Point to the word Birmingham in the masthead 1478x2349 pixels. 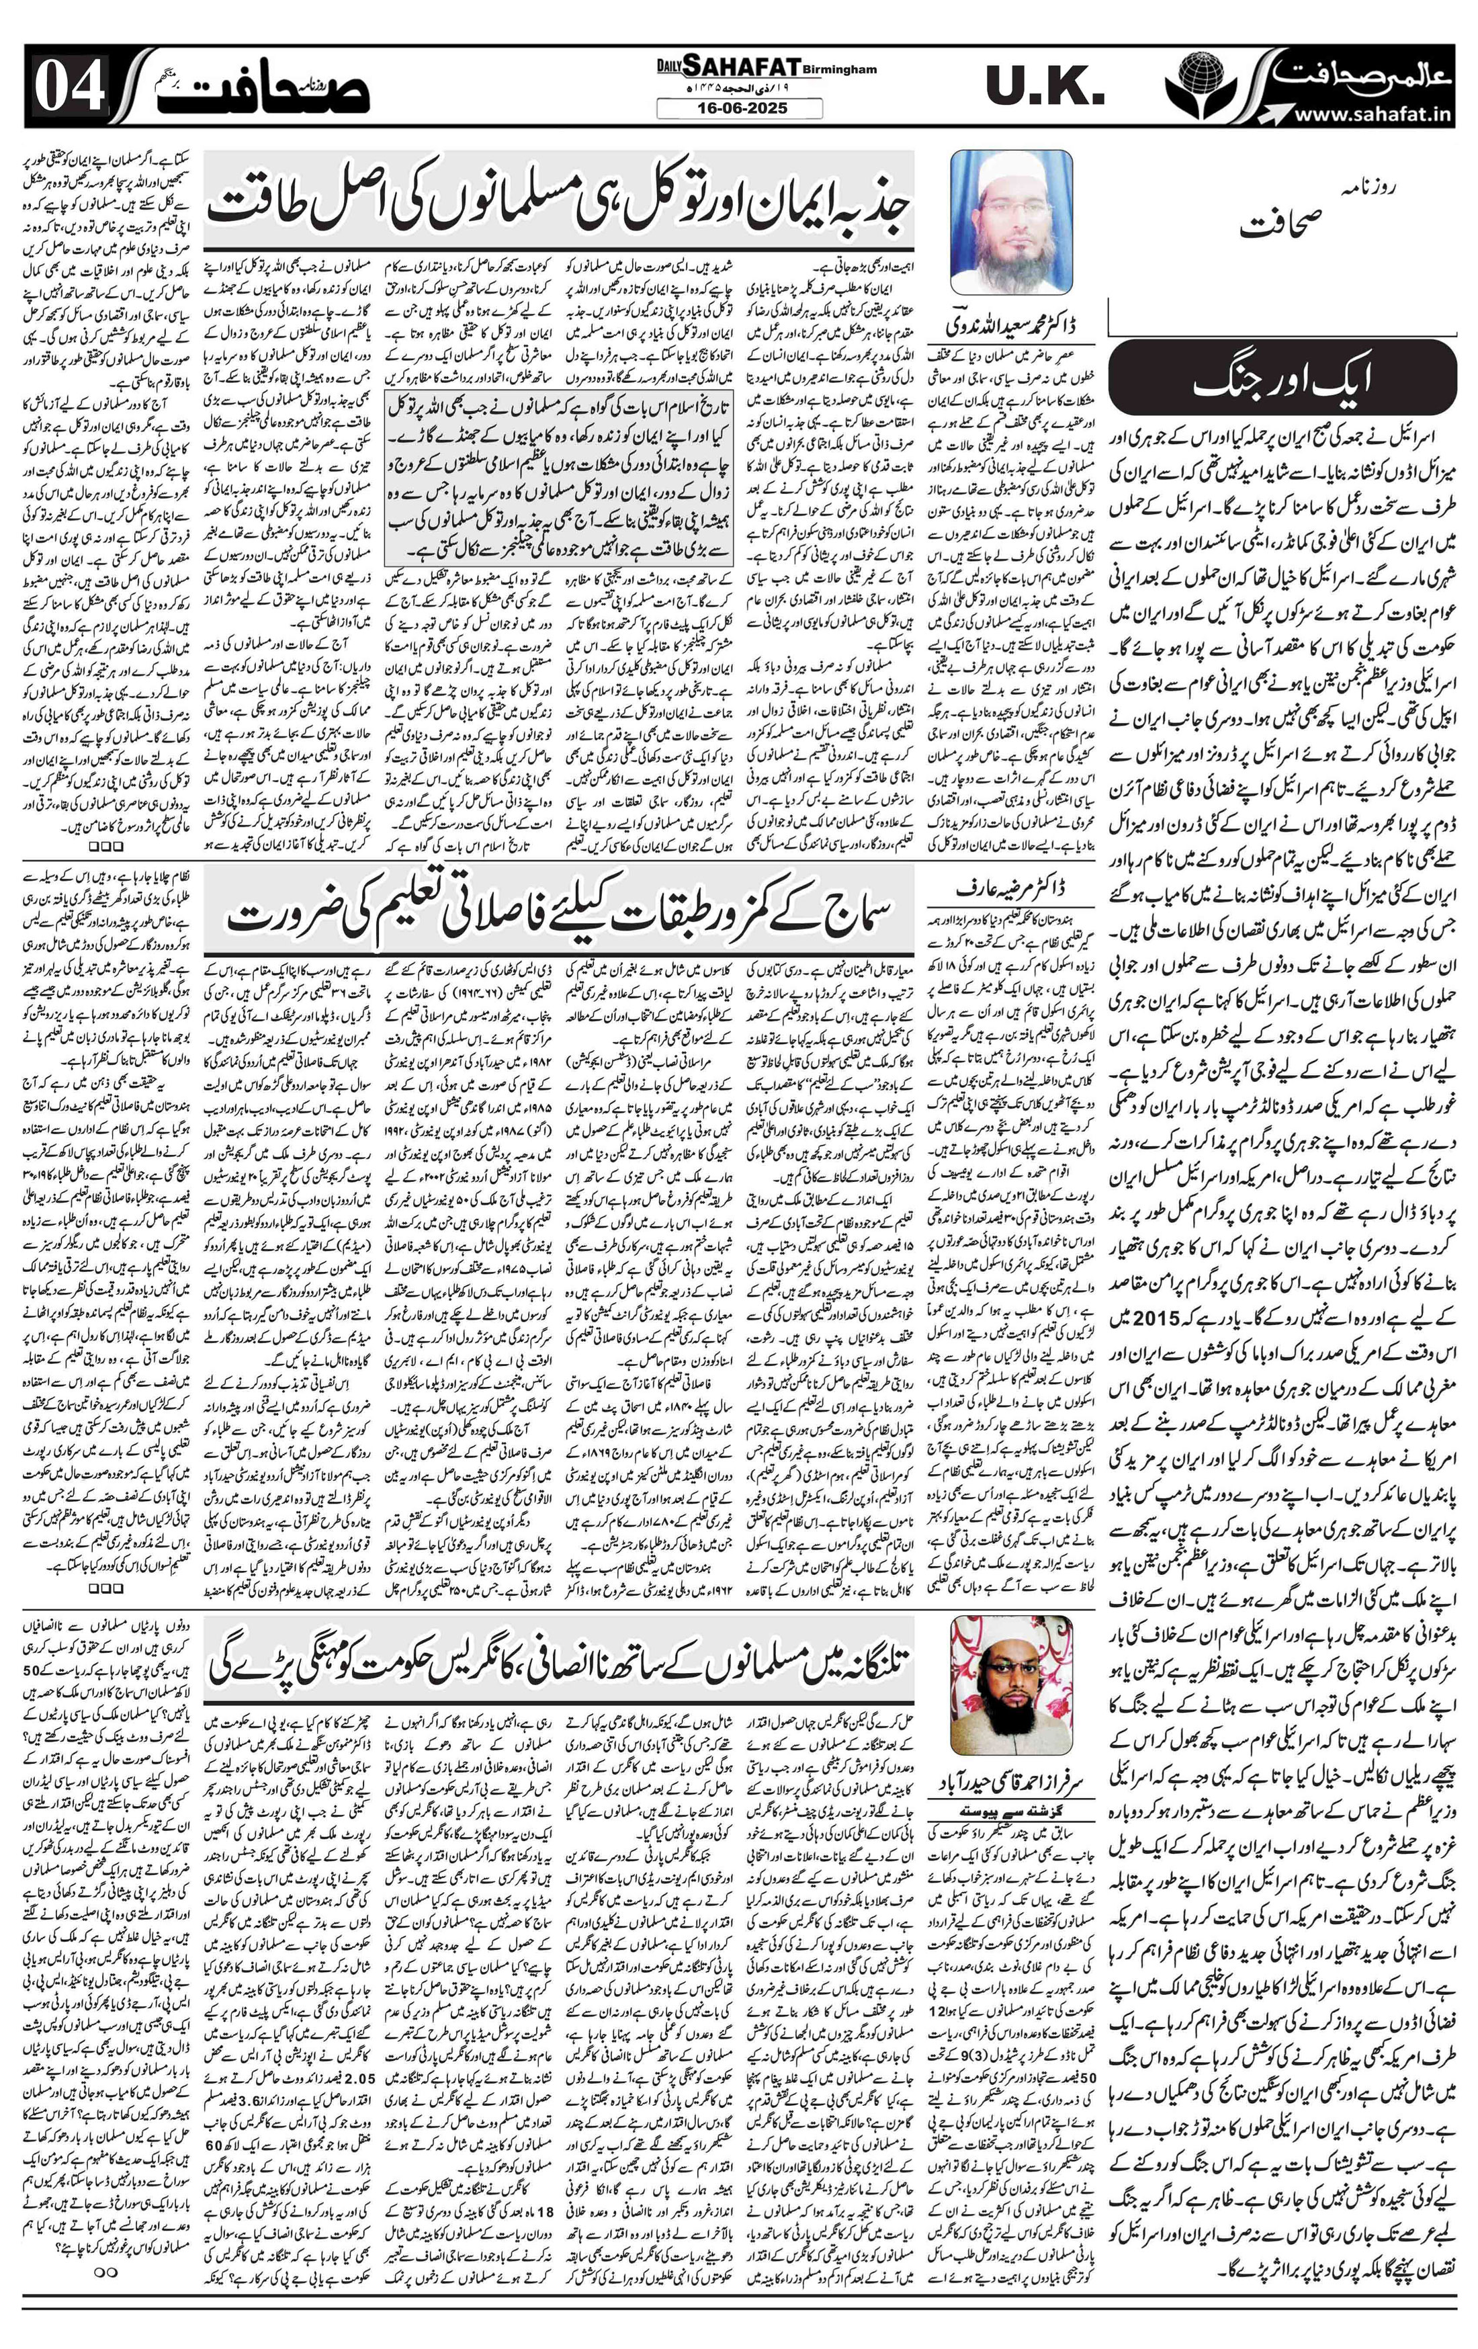tap(838, 71)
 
